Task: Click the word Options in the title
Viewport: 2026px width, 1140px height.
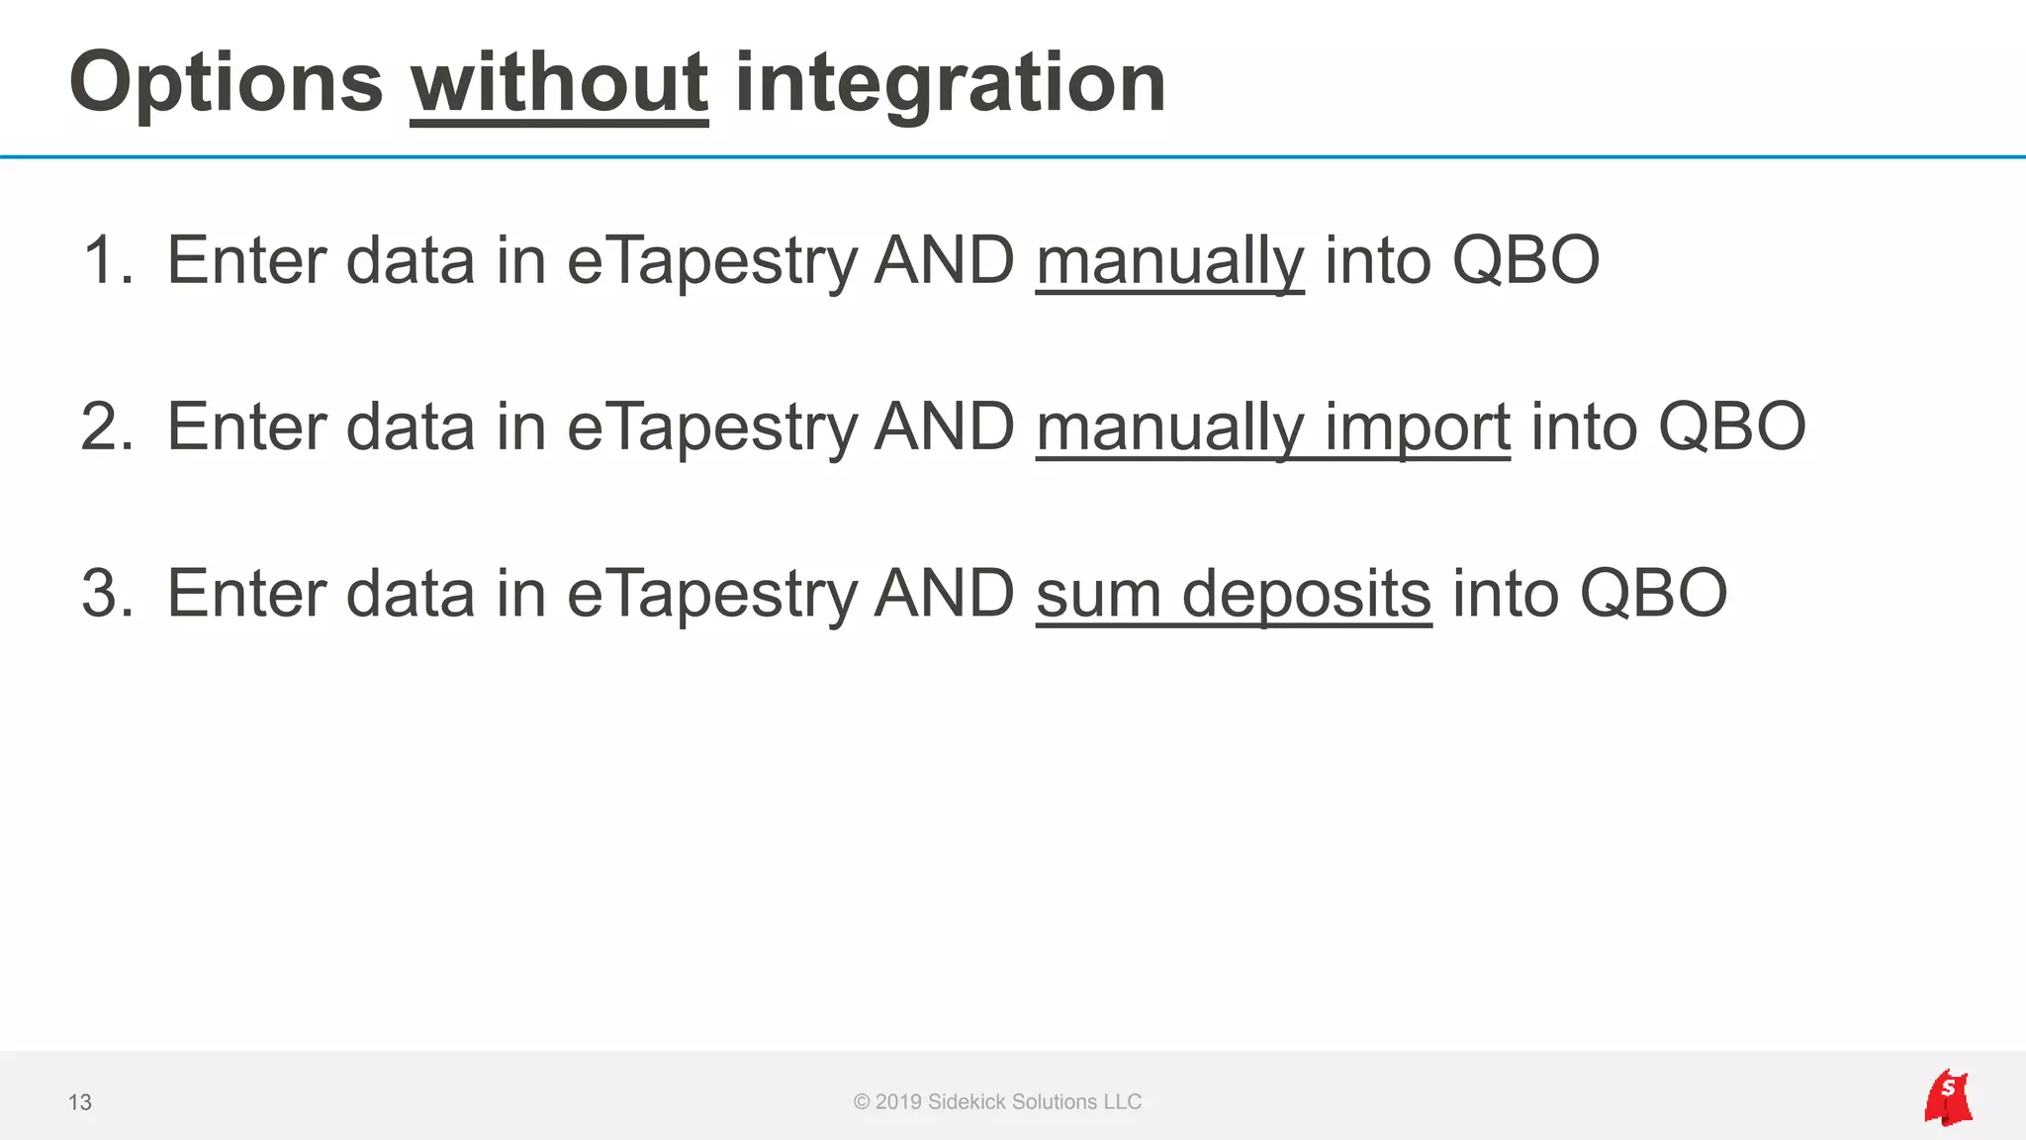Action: coord(226,83)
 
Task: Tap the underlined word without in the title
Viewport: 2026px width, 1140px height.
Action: coord(559,83)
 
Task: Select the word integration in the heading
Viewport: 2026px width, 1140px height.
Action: coord(950,83)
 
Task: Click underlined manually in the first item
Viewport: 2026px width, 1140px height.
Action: coord(1169,261)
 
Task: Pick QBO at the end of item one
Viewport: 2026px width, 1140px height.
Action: coord(1525,261)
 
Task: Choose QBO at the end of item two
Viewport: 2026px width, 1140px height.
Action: coord(1731,427)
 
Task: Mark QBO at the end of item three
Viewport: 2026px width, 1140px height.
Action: coord(1653,594)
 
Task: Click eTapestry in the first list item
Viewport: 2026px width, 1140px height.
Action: coord(712,261)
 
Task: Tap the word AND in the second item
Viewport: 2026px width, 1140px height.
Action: coord(945,427)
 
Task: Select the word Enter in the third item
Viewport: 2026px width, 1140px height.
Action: coord(246,594)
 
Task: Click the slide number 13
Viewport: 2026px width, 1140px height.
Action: coord(80,1102)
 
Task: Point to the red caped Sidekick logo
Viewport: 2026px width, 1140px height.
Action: coord(1948,1098)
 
